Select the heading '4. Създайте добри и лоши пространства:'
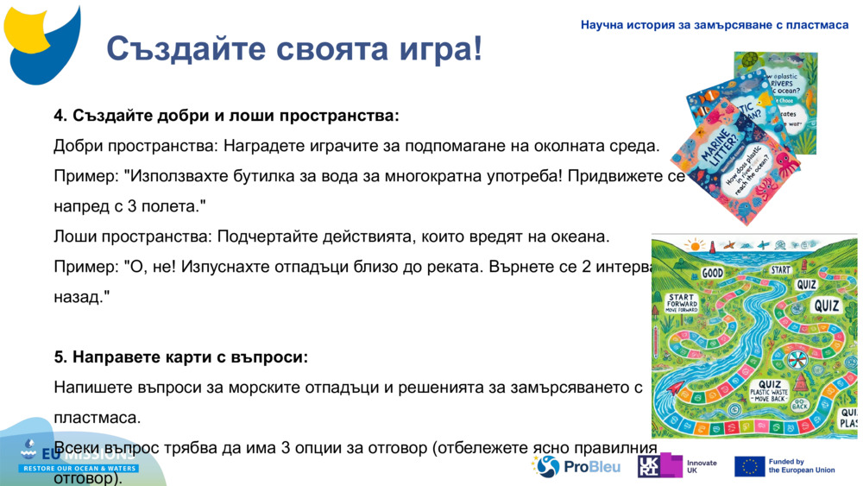[226, 116]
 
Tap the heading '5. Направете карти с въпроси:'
[180, 357]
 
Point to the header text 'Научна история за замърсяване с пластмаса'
[715, 25]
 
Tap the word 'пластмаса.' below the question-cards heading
[97, 418]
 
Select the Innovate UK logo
[677, 466]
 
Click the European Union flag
[750, 466]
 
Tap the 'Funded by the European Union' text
[802, 466]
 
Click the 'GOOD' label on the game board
[712, 272]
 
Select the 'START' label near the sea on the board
[780, 269]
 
